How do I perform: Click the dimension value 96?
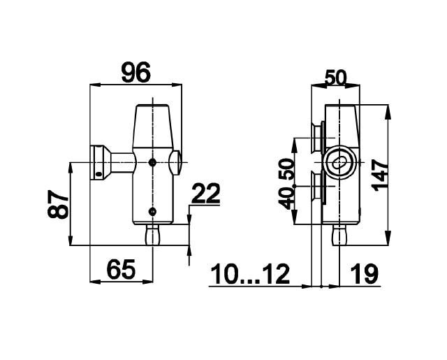tap(135, 73)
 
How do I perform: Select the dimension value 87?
tap(58, 204)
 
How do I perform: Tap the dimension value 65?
tap(121, 269)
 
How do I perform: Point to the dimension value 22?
tap(206, 193)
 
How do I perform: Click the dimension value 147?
tap(380, 175)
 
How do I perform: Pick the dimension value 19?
tap(365, 274)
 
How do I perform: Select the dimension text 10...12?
tap(250, 274)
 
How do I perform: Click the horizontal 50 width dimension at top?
tap(336, 78)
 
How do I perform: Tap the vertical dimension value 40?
tap(286, 199)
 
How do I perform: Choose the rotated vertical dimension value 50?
tap(286, 169)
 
